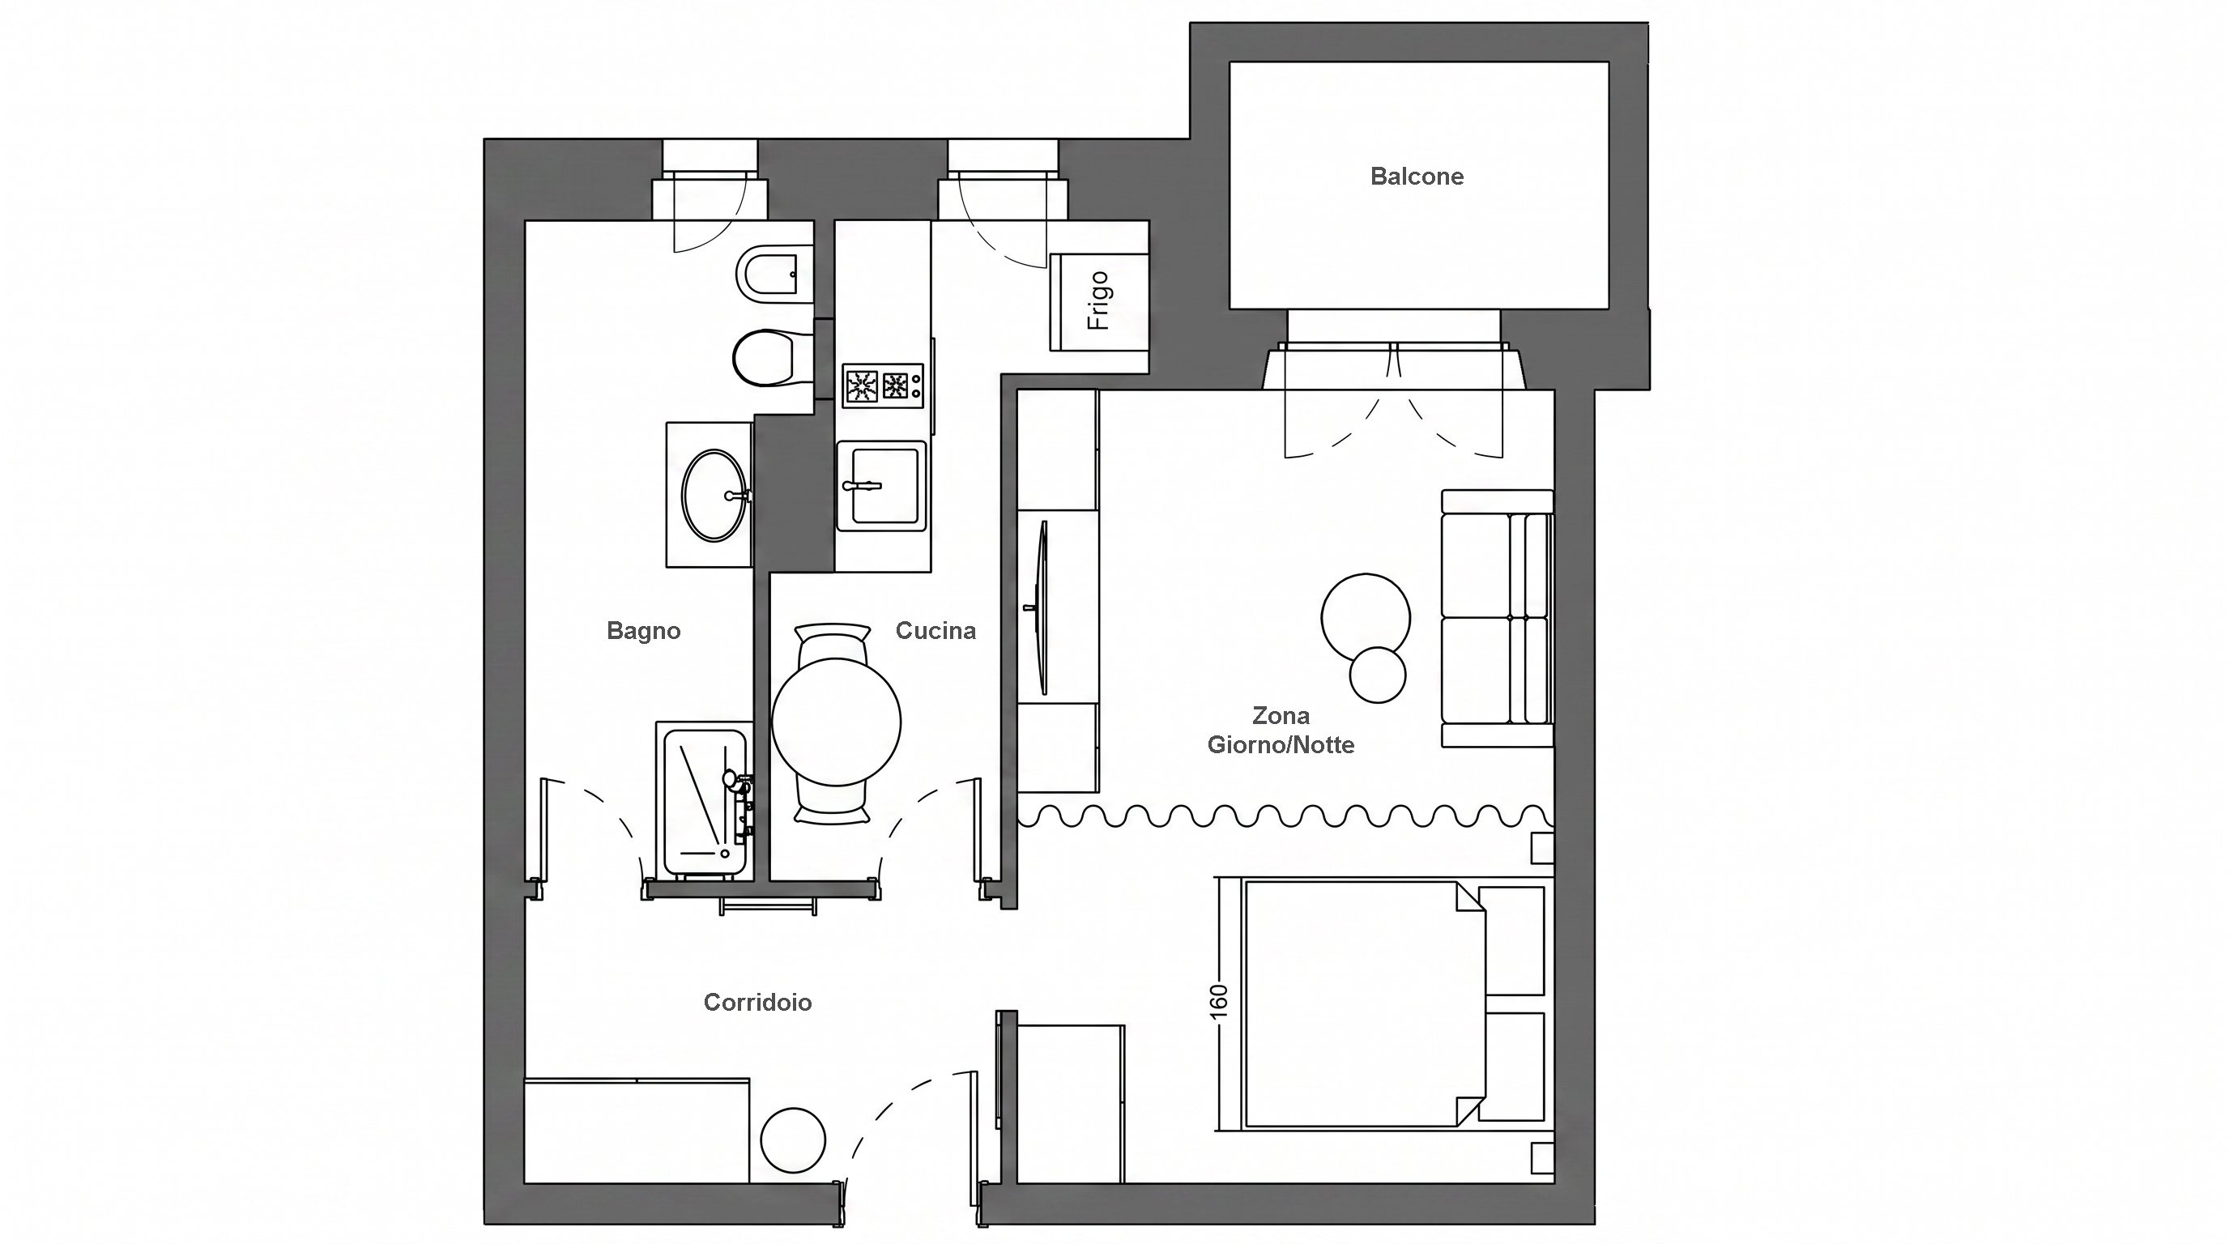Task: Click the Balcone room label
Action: (x=1417, y=177)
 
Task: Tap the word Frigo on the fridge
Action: (x=1098, y=301)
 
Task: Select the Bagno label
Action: (x=643, y=631)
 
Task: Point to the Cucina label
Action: (x=935, y=631)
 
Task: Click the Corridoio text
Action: (x=757, y=1003)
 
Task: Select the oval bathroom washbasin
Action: (x=714, y=496)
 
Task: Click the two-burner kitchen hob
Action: (x=883, y=386)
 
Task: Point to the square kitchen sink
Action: (x=881, y=486)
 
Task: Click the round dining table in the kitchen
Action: (x=836, y=722)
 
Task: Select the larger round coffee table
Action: (x=1366, y=618)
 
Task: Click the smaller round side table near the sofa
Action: (x=1377, y=675)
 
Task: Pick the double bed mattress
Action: (x=1364, y=1003)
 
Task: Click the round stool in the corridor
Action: (x=793, y=1140)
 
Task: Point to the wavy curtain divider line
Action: (x=1285, y=816)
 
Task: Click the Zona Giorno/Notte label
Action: (x=1281, y=731)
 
